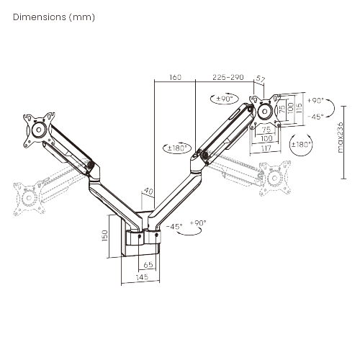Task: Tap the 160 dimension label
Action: (175, 77)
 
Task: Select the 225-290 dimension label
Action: (228, 77)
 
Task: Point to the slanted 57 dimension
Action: (261, 84)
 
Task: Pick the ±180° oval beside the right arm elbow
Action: (176, 148)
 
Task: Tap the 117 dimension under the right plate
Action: (266, 149)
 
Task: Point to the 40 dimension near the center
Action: (149, 192)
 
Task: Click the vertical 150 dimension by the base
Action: (105, 236)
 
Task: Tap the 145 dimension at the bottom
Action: (140, 277)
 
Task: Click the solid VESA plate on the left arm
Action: (37, 130)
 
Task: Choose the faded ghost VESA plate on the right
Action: (272, 176)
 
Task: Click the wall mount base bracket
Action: (143, 238)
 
